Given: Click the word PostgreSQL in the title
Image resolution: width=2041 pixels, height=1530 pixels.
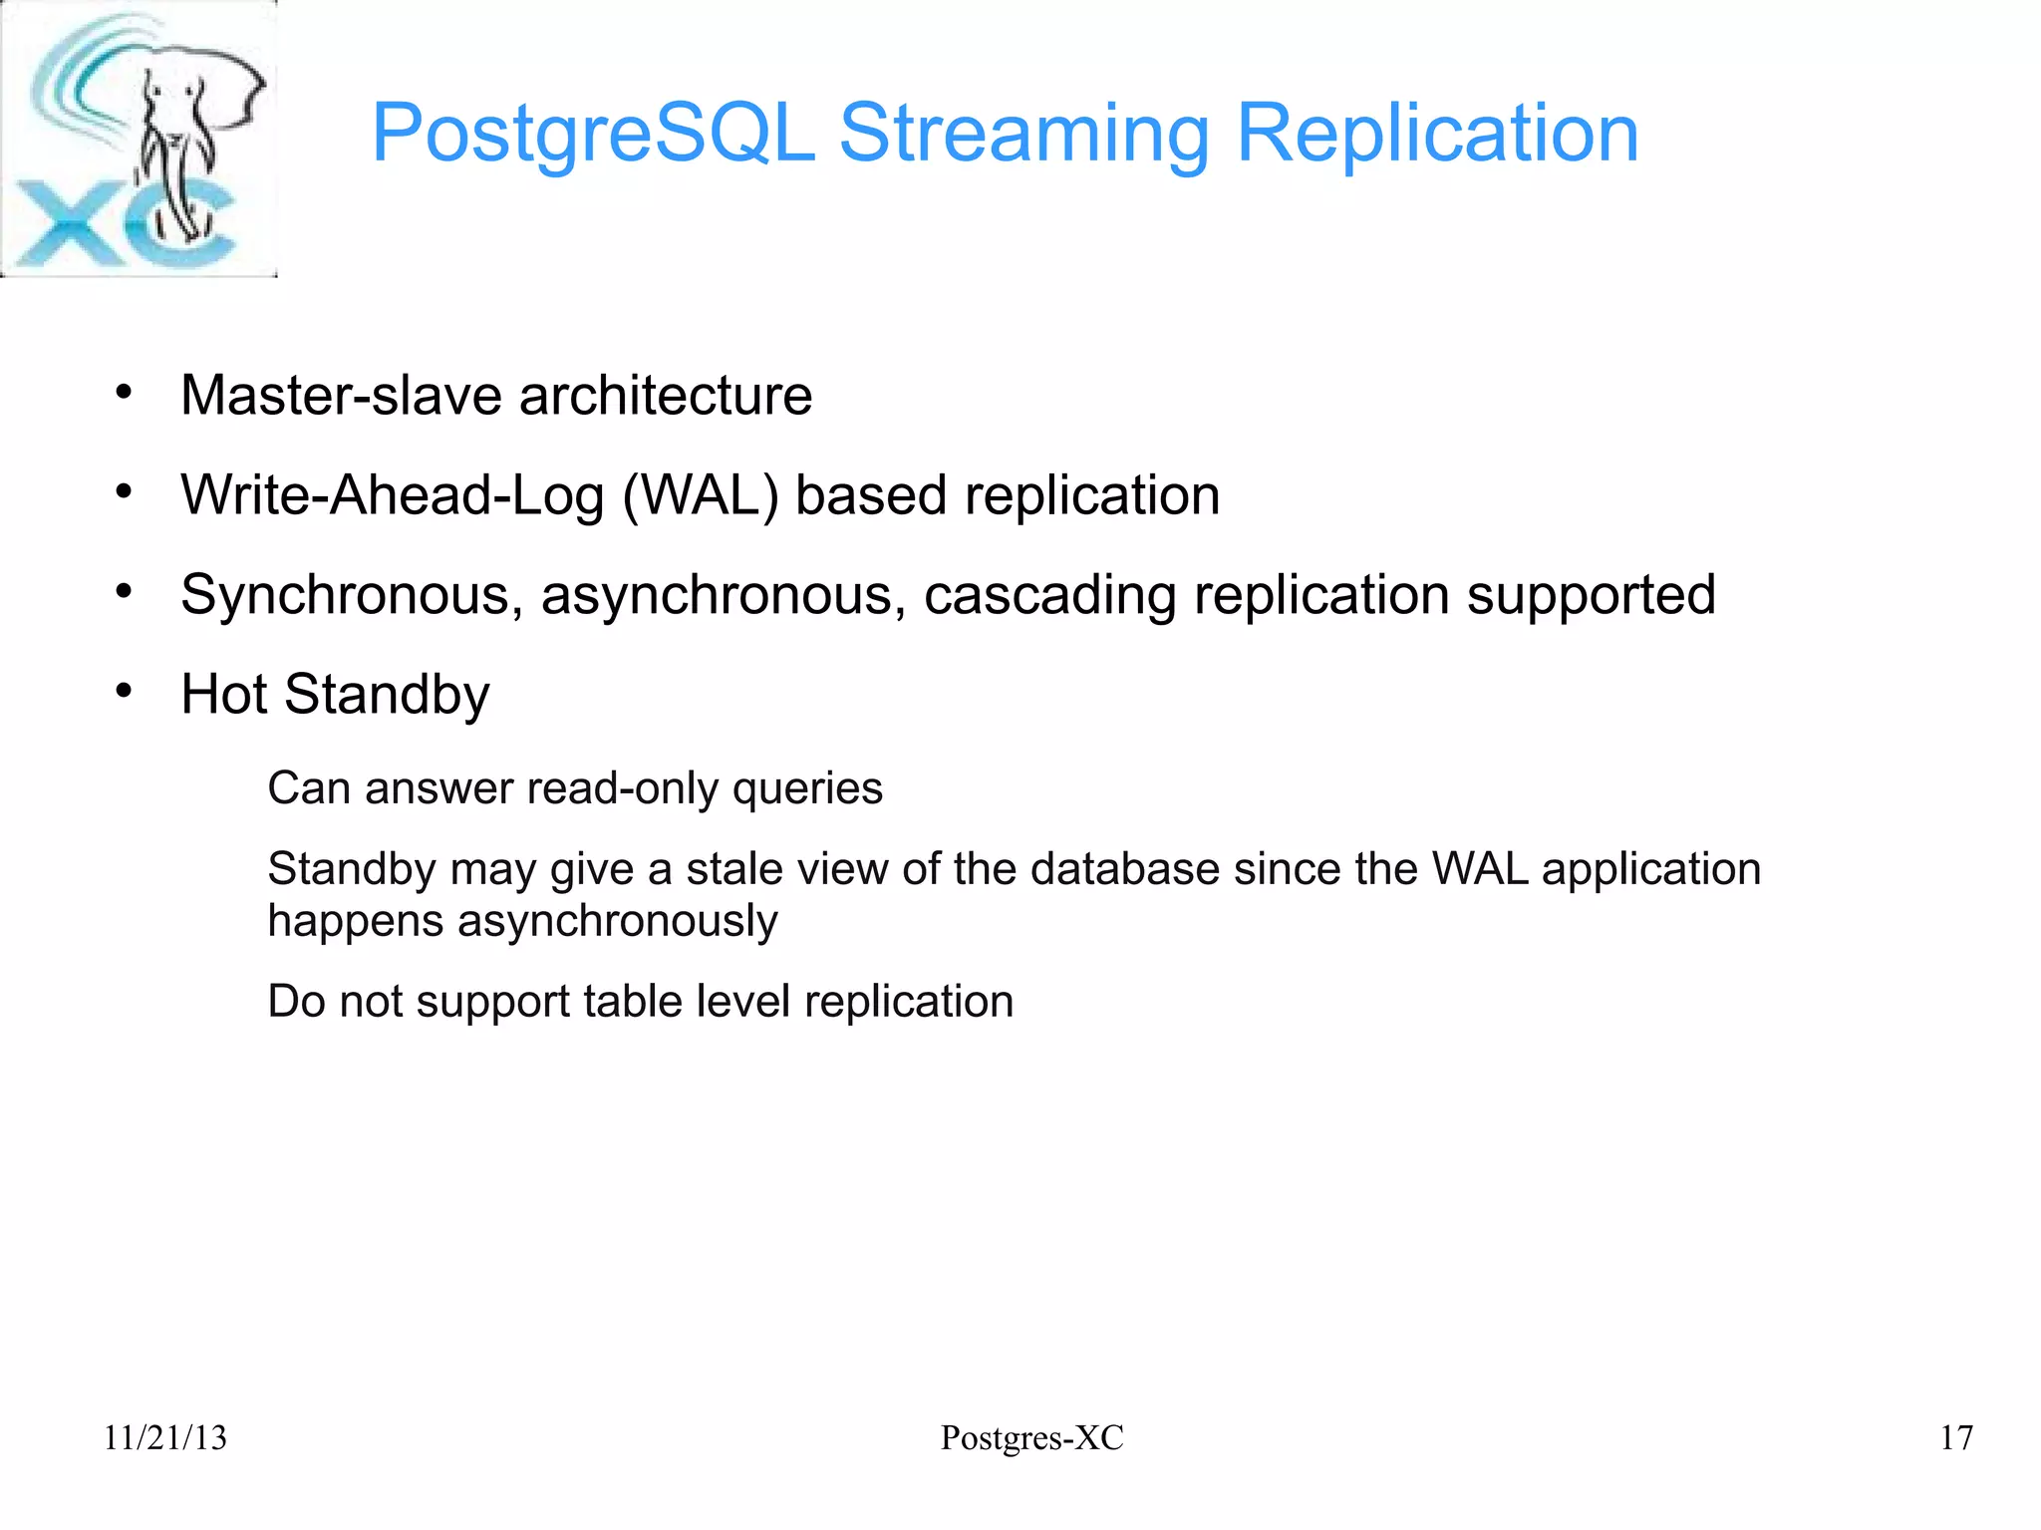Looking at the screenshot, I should pos(592,134).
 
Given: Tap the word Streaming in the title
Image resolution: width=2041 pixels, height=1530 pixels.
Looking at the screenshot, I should pos(1023,134).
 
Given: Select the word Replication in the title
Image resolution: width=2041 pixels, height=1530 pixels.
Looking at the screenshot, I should pos(1437,134).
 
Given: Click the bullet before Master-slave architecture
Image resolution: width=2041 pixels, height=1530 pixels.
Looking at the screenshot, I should pos(124,393).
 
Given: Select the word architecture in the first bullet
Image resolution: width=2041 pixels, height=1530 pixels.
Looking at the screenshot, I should pos(665,395).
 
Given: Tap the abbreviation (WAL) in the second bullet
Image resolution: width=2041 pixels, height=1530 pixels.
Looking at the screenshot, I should pos(701,495).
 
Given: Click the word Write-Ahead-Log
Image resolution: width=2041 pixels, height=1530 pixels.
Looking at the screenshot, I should pos(393,495).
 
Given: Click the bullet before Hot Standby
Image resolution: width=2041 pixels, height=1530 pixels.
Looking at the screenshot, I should pos(124,691).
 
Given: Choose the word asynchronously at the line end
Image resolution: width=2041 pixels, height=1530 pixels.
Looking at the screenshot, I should pos(617,921).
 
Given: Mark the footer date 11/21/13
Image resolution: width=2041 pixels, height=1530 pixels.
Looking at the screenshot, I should pos(165,1437).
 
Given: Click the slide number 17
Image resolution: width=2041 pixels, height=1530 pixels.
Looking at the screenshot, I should pos(1956,1437).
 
